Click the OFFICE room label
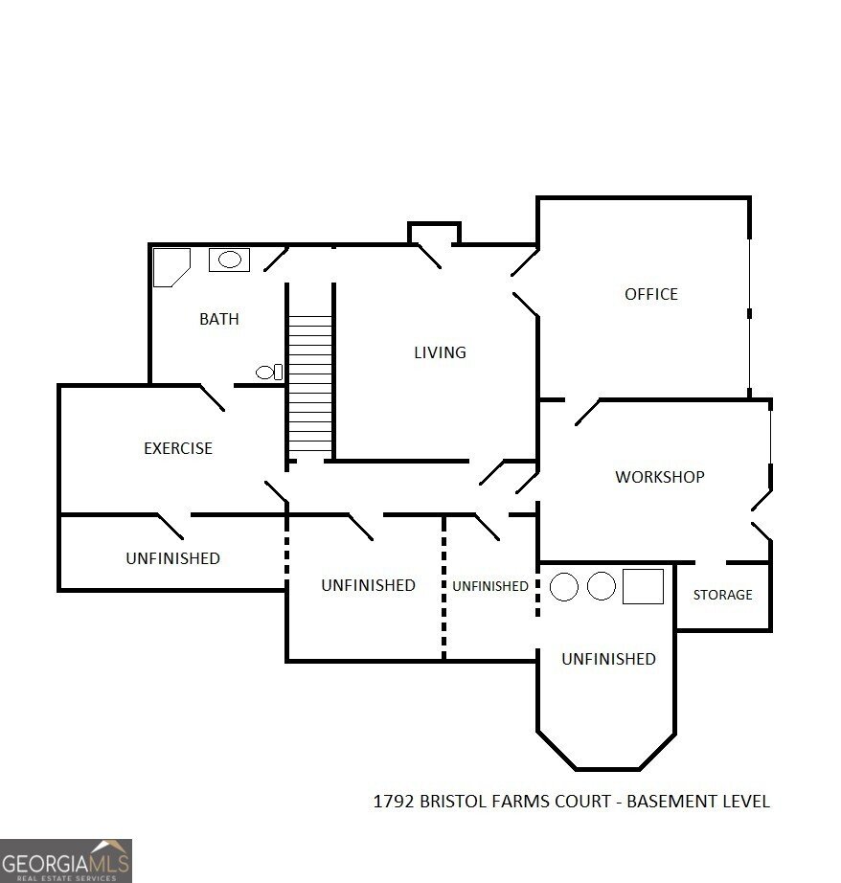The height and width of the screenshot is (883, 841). point(650,294)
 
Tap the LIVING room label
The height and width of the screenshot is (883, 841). point(440,352)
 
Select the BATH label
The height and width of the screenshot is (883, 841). point(218,319)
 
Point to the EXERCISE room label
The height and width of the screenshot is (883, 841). point(177,448)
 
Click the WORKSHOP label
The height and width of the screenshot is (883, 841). point(659,477)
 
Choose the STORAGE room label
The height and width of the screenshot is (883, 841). point(722,595)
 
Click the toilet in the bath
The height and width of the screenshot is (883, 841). point(269,372)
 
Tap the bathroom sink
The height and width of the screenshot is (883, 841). point(229,260)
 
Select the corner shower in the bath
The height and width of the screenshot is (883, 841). point(170,265)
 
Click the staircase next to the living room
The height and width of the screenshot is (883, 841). point(309,384)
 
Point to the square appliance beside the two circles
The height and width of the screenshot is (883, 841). point(643,586)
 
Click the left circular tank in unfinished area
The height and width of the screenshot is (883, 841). point(564,586)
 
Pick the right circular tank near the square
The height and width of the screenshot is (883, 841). point(601,586)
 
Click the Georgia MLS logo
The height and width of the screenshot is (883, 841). point(65,860)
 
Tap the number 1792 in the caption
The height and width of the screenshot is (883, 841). point(393,802)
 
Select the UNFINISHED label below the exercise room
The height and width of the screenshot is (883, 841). point(172,558)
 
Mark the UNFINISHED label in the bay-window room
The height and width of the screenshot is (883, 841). point(608,659)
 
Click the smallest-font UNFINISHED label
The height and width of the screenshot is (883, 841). point(489,586)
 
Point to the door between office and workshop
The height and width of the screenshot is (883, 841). point(585,412)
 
